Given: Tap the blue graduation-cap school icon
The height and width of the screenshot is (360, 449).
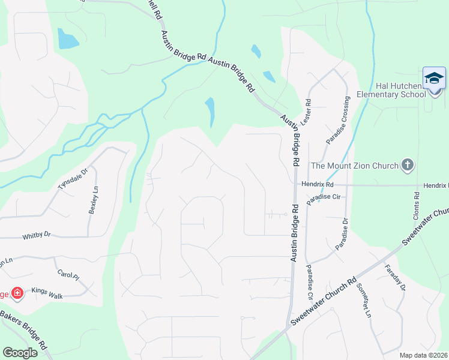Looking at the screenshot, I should (433, 79).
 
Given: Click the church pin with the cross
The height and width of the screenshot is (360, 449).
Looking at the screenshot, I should (408, 165).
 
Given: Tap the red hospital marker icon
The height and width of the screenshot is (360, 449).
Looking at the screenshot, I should (17, 293).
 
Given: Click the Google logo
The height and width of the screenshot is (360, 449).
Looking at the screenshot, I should (20, 353).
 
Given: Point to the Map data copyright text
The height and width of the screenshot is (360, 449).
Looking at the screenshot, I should (424, 355).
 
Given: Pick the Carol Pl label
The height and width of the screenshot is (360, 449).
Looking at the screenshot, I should (68, 276).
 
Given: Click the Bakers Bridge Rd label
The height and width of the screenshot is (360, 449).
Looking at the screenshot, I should (24, 329).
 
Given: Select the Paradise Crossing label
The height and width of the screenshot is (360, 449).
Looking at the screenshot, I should (337, 120).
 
